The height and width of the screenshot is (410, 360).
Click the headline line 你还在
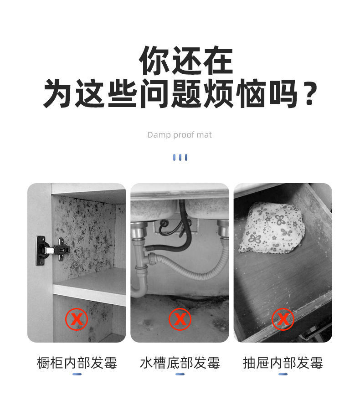[185, 61]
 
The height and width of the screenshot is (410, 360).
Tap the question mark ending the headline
[310, 93]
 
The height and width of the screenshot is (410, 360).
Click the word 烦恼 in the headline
[234, 93]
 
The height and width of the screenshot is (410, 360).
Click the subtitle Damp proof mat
[180, 135]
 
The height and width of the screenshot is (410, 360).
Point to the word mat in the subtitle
[205, 135]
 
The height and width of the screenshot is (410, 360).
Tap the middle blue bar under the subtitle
[180, 157]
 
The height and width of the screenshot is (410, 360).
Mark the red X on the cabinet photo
[76, 319]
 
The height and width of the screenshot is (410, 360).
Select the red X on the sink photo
[180, 319]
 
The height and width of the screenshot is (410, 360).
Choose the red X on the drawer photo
[283, 319]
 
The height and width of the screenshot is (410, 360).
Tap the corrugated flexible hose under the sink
[196, 269]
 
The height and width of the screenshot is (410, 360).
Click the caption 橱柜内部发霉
[77, 363]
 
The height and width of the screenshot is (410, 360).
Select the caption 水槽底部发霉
[180, 363]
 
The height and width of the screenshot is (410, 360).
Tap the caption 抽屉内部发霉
[283, 363]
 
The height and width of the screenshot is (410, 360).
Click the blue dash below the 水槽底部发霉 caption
[180, 374]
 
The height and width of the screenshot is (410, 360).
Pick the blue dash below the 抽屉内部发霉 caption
[283, 374]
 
